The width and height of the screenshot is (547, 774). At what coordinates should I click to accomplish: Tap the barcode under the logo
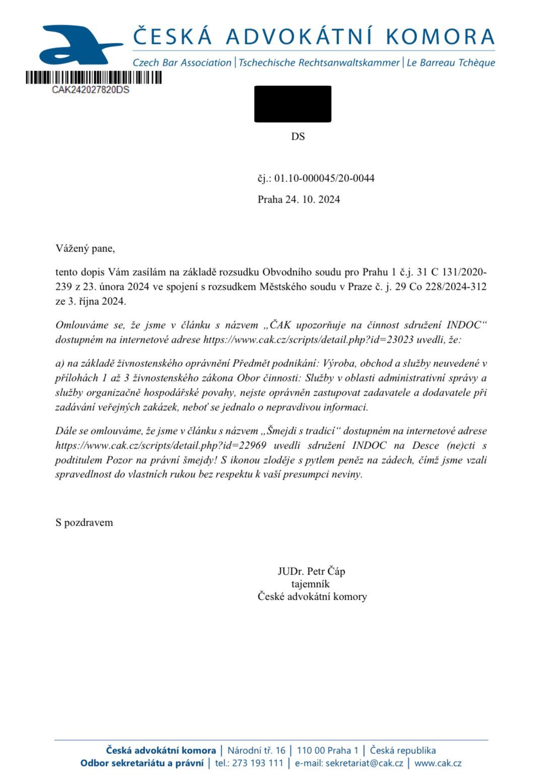94,78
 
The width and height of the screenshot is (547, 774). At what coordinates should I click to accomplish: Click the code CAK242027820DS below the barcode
91,90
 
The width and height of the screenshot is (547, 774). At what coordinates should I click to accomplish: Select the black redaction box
293,104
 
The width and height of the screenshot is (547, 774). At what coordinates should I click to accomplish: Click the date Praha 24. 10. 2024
299,200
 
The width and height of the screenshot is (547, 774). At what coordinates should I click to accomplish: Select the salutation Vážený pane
85,248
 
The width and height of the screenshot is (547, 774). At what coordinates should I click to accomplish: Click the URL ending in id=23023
308,340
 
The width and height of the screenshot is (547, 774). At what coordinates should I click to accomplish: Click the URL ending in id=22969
161,445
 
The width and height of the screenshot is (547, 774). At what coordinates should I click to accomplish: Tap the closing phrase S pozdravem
84,523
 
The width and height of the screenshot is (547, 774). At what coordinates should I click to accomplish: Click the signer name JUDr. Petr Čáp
311,571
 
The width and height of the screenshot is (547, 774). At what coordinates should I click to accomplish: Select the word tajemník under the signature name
310,584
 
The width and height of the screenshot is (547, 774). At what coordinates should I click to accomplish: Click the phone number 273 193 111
258,763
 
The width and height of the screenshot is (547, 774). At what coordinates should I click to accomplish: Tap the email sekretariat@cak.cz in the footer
364,763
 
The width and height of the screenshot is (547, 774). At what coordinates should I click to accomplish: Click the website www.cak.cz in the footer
438,763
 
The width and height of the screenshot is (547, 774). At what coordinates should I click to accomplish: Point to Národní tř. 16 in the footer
256,751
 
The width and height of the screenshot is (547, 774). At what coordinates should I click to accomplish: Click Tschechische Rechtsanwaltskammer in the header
319,63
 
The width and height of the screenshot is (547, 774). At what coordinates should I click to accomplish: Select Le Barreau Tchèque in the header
451,63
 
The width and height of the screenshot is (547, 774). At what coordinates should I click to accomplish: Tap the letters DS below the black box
298,137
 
